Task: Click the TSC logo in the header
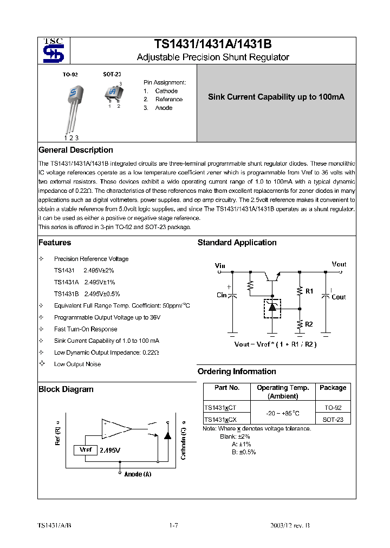point(53,50)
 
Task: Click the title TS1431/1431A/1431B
point(213,45)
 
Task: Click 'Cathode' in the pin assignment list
point(166,91)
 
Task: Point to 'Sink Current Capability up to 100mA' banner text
point(276,97)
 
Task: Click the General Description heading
point(76,150)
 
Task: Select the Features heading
point(55,243)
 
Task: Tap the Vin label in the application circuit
point(220,265)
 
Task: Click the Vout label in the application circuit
point(339,264)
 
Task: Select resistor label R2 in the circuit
point(309,324)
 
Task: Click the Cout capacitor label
point(339,297)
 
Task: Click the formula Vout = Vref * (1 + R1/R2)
point(275,344)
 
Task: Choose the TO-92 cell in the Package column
point(333,407)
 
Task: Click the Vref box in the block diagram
point(86,450)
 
